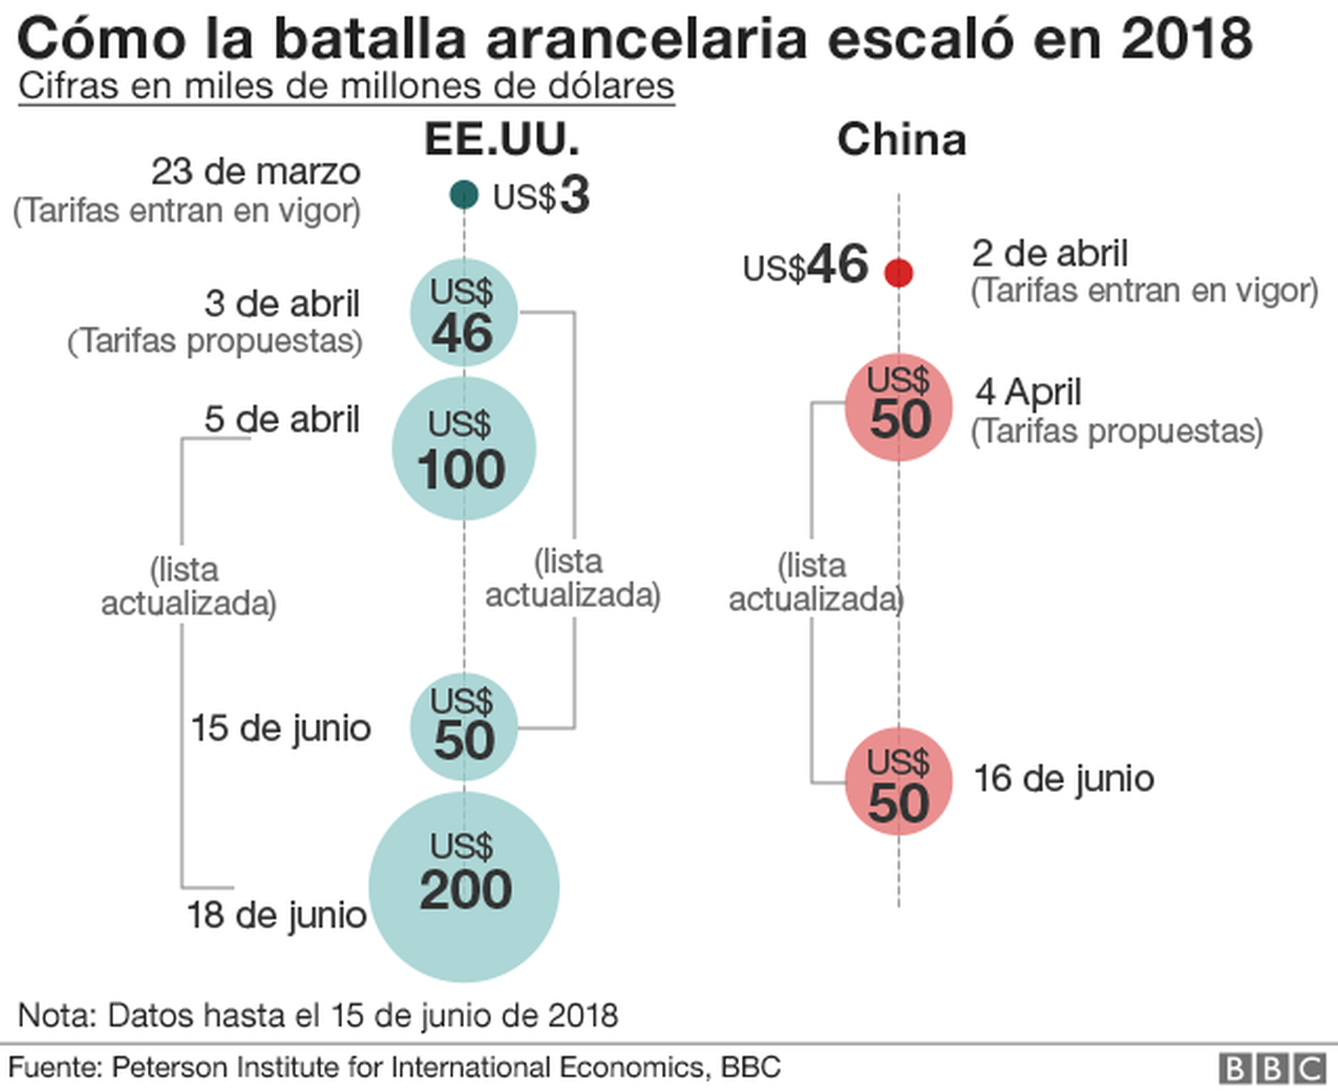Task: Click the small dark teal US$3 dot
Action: [x=464, y=194]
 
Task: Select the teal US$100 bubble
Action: [x=463, y=448]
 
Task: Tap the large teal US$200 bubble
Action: [x=464, y=887]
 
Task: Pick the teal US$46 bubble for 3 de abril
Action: [x=463, y=312]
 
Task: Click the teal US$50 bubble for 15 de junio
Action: [x=463, y=726]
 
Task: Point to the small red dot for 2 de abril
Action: [x=898, y=273]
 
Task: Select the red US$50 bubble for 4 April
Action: [x=898, y=408]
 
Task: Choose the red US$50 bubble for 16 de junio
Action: [x=898, y=781]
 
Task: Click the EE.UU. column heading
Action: [x=502, y=139]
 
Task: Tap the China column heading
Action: [x=901, y=139]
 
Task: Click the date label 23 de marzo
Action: [x=256, y=171]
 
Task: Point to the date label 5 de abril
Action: [x=282, y=420]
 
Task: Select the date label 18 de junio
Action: [x=276, y=915]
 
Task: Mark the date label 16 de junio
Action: [x=1063, y=779]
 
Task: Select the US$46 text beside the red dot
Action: [x=806, y=266]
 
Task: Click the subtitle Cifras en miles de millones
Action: [x=346, y=86]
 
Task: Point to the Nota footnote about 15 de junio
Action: [x=318, y=1016]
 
